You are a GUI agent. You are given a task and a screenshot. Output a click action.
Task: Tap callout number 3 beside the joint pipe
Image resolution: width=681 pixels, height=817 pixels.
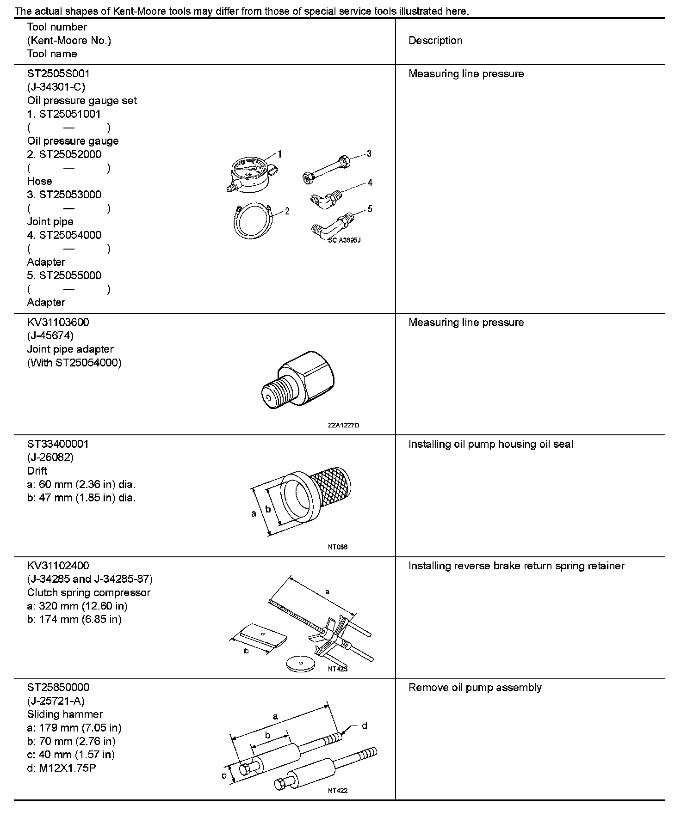pos(369,153)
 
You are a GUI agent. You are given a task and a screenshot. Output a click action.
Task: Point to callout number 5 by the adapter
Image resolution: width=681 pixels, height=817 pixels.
pos(370,209)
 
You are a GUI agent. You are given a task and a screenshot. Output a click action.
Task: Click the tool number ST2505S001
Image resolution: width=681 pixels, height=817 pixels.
pos(58,73)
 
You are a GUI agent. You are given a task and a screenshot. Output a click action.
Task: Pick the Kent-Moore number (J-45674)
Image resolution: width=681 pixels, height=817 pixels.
pos(50,335)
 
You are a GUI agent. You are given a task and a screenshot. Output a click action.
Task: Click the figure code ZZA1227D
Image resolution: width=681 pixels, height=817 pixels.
pos(343,425)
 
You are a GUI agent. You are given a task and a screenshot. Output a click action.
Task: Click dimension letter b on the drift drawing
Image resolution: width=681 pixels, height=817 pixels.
pos(268,509)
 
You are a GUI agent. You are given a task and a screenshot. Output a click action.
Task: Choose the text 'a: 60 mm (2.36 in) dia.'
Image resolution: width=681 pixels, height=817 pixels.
pos(81,485)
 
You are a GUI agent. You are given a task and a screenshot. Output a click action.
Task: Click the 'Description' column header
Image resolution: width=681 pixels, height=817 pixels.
pos(435,41)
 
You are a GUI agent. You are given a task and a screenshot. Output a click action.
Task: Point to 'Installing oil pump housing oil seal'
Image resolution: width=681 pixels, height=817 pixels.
pos(490,445)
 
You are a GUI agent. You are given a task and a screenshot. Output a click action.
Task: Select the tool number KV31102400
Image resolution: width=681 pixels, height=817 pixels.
pos(58,566)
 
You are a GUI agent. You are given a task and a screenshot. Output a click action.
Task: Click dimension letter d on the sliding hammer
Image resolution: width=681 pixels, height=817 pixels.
pos(364,726)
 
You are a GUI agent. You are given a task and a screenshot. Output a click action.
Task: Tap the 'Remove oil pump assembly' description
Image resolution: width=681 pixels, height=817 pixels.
pos(475,688)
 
